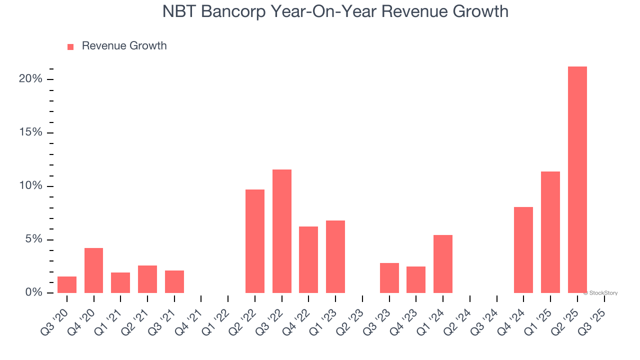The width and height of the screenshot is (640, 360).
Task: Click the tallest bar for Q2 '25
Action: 577,180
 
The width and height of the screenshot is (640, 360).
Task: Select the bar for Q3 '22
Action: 281,231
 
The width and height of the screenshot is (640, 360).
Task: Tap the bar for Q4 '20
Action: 93,270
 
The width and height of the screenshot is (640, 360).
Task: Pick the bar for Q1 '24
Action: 442,264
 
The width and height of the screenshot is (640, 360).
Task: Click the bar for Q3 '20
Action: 67,285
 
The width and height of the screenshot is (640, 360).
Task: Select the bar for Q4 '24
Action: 523,250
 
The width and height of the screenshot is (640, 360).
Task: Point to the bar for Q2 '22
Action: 254,241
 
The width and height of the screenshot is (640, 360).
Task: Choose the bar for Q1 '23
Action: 335,257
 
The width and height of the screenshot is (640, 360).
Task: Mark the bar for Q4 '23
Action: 416,280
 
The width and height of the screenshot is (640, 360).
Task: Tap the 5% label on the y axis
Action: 34,239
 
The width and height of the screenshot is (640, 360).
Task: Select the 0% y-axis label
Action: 34,292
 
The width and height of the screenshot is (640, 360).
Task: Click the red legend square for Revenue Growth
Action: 70,46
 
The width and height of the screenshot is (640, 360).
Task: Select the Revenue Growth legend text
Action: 124,46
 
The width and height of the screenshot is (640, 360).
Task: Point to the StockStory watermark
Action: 600,293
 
